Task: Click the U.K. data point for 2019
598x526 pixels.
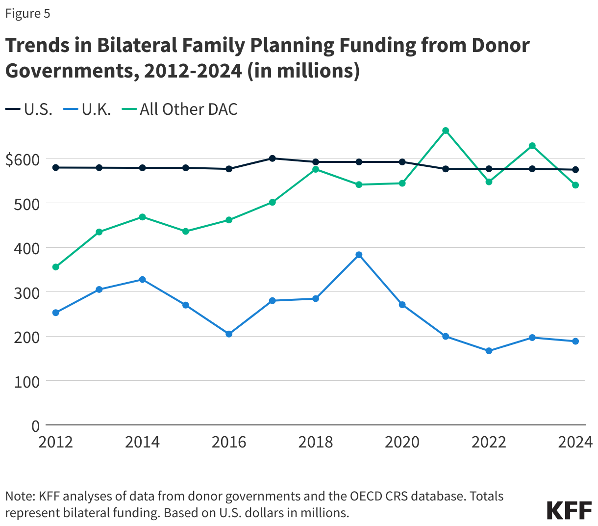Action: (x=359, y=255)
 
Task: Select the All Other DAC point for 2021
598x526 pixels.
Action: (x=446, y=131)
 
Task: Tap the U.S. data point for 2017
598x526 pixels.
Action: (x=273, y=158)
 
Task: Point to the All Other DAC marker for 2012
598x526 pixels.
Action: (x=56, y=267)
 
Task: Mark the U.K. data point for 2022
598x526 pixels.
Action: (x=489, y=351)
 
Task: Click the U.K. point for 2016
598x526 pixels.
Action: (x=229, y=334)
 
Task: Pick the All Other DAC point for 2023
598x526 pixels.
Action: (x=532, y=146)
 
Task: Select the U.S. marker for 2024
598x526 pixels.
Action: (x=575, y=170)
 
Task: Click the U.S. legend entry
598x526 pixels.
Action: (x=29, y=109)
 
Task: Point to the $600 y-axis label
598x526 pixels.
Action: (x=23, y=159)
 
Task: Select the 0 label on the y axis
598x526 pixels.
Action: (x=35, y=426)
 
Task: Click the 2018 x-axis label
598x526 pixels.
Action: (x=315, y=442)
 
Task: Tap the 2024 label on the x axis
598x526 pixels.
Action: (x=575, y=442)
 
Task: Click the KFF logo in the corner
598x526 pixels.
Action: (x=569, y=510)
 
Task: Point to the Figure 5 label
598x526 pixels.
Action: (x=27, y=13)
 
